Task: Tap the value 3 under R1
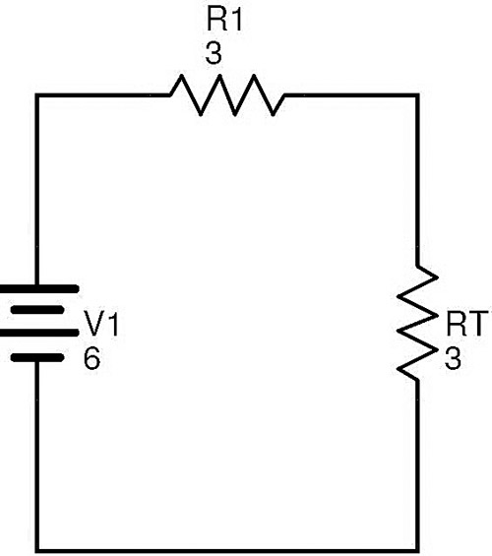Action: (214, 53)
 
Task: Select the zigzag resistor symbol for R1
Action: (227, 95)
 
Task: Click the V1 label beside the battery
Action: (101, 324)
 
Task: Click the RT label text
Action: (468, 324)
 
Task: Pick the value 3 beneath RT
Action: (453, 358)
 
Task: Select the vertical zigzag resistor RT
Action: (417, 323)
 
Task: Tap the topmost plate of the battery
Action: (38, 289)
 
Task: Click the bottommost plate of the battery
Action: (37, 357)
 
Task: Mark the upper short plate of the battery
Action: (37, 310)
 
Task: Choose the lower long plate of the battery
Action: (38, 333)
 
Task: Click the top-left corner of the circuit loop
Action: (36, 95)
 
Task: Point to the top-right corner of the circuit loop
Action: (417, 95)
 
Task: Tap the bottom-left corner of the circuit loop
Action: (36, 550)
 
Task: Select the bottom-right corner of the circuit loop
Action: (417, 550)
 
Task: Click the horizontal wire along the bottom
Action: (227, 550)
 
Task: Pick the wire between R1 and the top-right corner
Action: (351, 95)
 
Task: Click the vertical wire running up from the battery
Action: (36, 190)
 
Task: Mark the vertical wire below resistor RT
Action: (417, 465)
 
